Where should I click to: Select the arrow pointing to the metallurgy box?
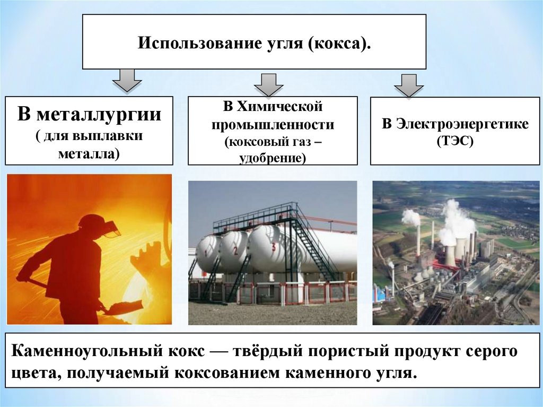(127, 80)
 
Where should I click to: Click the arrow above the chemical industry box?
(268, 83)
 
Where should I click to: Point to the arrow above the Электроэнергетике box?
(408, 85)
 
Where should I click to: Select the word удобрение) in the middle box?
(273, 158)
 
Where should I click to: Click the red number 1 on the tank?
(203, 253)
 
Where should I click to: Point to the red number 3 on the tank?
(273, 247)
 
